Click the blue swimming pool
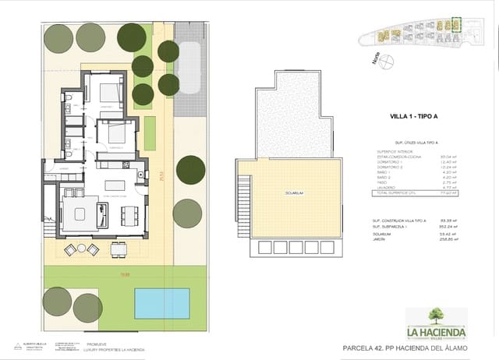click(x=161, y=302)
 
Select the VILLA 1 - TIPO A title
click(x=414, y=116)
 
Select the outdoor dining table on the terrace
click(x=119, y=249)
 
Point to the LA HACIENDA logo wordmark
click(x=435, y=333)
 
